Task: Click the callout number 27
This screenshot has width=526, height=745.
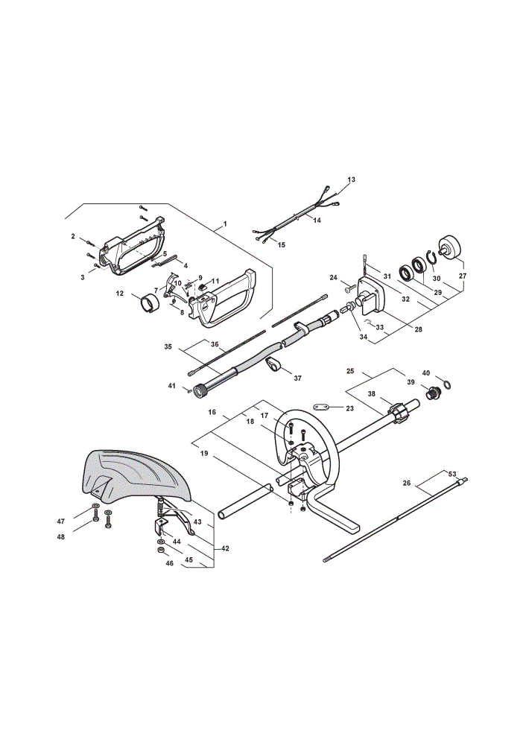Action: [463, 276]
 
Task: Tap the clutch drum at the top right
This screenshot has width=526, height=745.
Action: [451, 247]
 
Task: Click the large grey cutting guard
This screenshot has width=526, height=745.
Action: [136, 475]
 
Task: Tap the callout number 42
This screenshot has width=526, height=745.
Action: [225, 548]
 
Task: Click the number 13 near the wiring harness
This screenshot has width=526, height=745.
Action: [351, 180]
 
